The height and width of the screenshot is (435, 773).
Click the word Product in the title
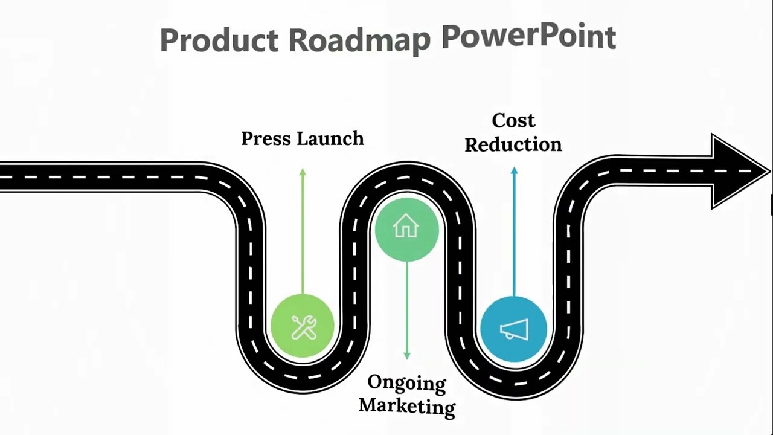(x=219, y=40)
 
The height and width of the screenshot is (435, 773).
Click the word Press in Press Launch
(x=266, y=139)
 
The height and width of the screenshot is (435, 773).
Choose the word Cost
(x=513, y=121)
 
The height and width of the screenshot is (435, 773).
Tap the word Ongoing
(x=407, y=383)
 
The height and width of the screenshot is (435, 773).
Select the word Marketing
(x=407, y=405)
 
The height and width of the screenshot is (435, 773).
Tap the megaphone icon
(x=514, y=330)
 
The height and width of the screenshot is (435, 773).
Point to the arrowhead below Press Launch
(x=303, y=173)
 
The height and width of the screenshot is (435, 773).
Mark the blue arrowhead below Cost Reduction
(x=514, y=172)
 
